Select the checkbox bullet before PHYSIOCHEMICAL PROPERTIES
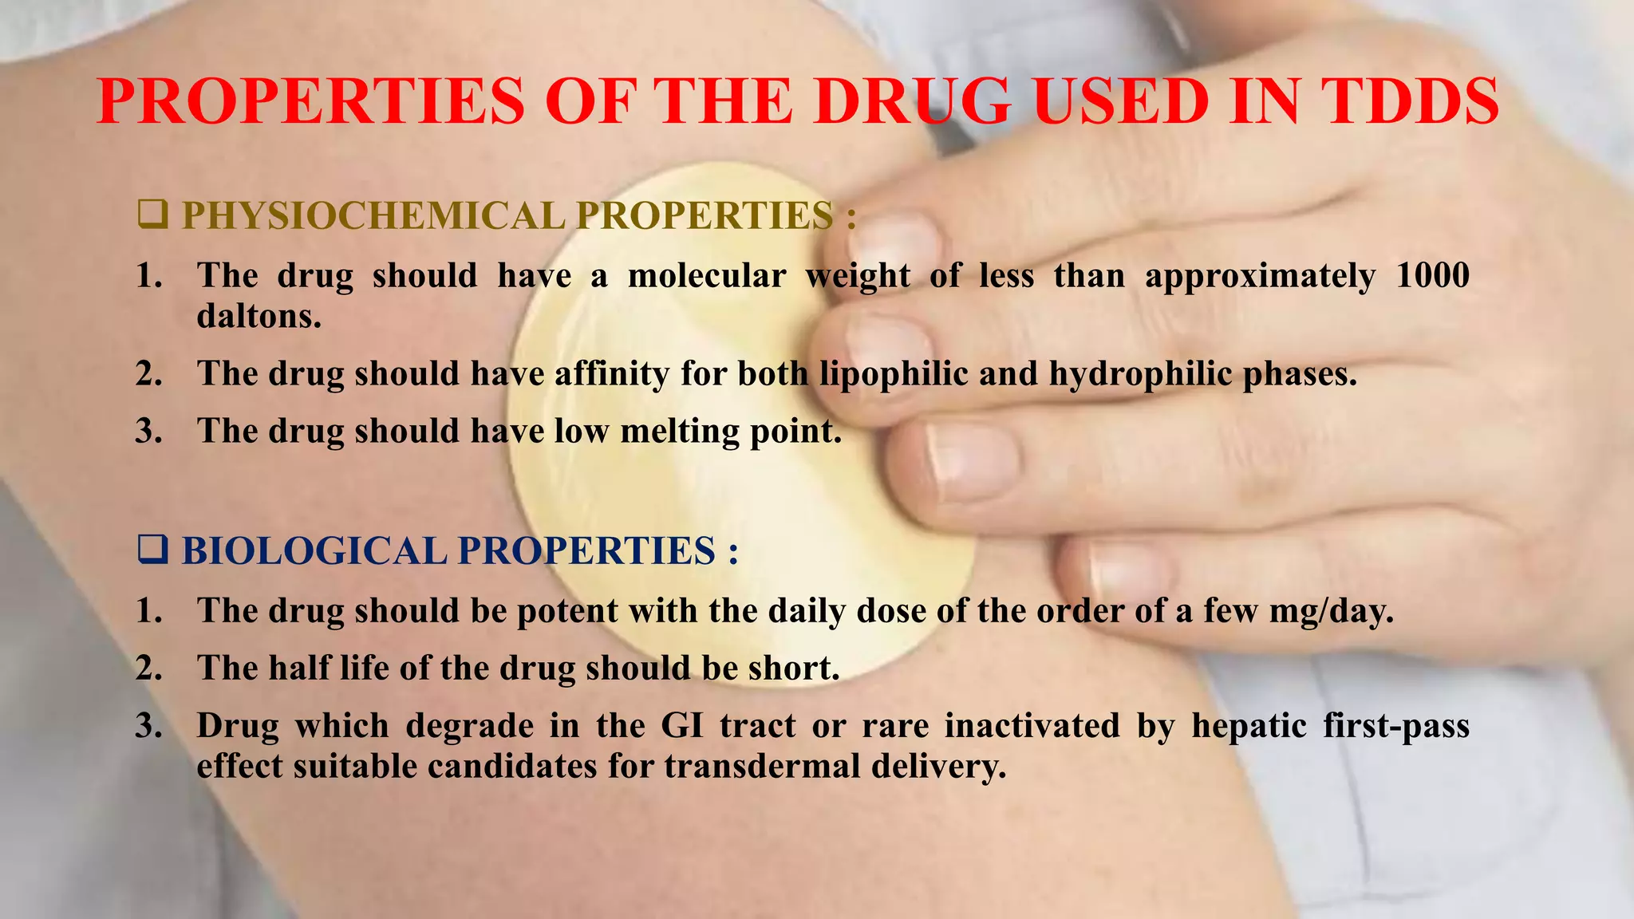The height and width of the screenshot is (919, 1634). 152,215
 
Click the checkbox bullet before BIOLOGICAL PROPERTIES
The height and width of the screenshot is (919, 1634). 152,550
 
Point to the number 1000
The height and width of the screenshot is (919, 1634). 1432,276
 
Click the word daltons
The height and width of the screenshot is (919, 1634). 259,317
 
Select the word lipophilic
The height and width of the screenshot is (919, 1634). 893,374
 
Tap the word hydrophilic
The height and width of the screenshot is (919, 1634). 1141,374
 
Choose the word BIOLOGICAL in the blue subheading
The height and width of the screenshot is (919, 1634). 314,551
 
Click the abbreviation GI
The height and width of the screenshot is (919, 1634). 681,726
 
